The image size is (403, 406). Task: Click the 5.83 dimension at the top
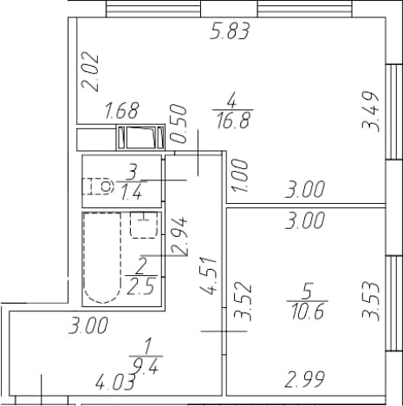click(x=230, y=31)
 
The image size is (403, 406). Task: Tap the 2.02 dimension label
click(x=90, y=71)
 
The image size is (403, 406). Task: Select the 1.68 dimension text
click(x=122, y=111)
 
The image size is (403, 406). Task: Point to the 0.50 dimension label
click(x=179, y=124)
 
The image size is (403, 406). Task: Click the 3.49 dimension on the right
click(x=370, y=112)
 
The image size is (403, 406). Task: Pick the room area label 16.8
click(x=233, y=121)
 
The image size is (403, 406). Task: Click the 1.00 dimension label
click(x=240, y=175)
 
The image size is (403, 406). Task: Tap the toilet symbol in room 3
click(x=97, y=187)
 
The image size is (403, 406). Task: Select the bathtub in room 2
click(x=102, y=258)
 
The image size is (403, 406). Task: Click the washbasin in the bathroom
click(x=144, y=225)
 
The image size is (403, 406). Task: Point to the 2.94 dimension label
click(x=179, y=236)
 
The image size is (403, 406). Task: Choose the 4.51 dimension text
click(x=208, y=275)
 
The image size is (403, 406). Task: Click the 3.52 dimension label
click(x=244, y=303)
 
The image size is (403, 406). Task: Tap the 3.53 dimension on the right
click(x=371, y=302)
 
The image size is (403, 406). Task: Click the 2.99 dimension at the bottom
click(x=304, y=379)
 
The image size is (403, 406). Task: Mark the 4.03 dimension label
click(x=115, y=383)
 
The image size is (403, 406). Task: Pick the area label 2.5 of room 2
click(x=141, y=286)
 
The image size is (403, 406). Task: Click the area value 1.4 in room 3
click(x=132, y=193)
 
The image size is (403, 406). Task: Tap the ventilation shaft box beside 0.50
click(x=140, y=138)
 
